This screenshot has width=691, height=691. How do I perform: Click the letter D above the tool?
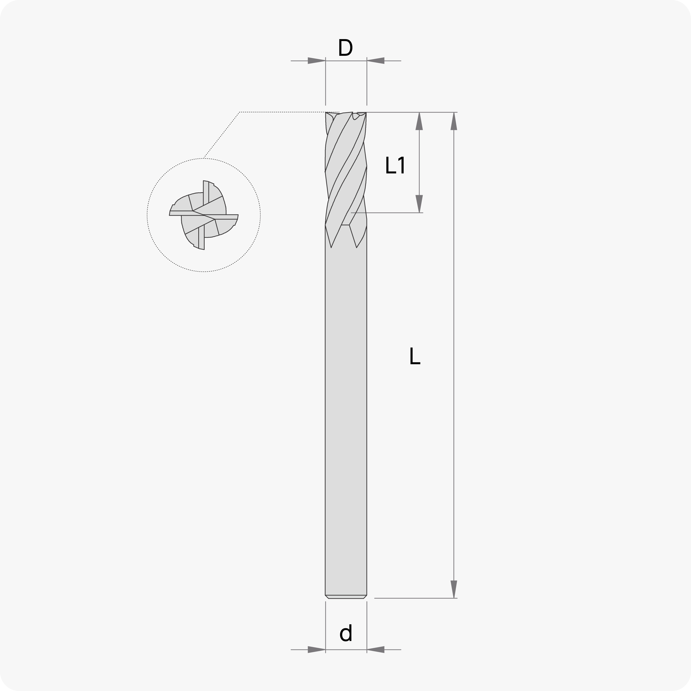[x=345, y=48]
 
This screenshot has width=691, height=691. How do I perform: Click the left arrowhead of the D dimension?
[x=317, y=61]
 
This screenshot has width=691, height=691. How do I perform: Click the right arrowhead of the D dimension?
[x=376, y=61]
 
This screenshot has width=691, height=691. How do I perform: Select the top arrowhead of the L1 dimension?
[x=419, y=121]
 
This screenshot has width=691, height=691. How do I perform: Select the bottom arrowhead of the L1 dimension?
[x=419, y=204]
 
